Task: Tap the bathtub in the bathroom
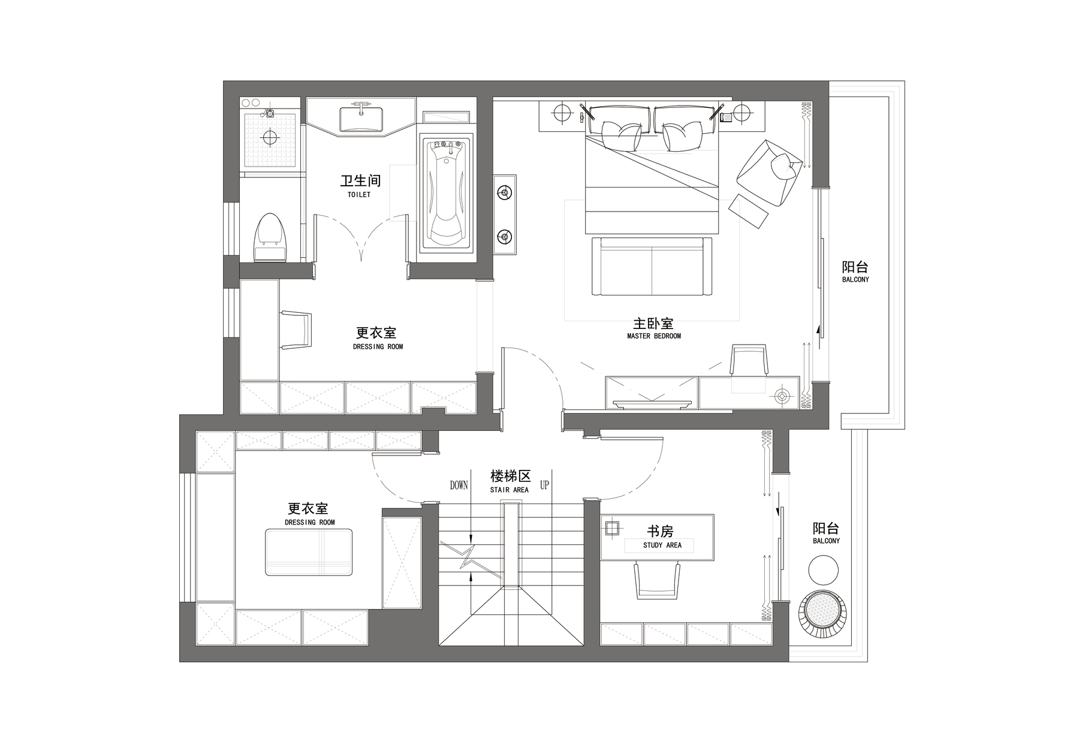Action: pos(447,193)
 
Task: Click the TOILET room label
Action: pos(359,195)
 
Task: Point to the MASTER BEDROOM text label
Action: pos(654,336)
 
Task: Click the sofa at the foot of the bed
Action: pos(652,266)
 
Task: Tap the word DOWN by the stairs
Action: pos(459,485)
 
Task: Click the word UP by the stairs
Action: pos(544,485)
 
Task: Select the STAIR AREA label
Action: pos(510,490)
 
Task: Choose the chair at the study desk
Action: pos(658,580)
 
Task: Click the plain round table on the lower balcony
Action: pos(824,569)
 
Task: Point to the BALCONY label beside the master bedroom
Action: pos(855,280)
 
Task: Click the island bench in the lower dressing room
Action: pos(308,553)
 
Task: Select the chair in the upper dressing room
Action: pos(297,330)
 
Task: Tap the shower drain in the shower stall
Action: pos(270,137)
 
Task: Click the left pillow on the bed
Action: pos(620,135)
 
